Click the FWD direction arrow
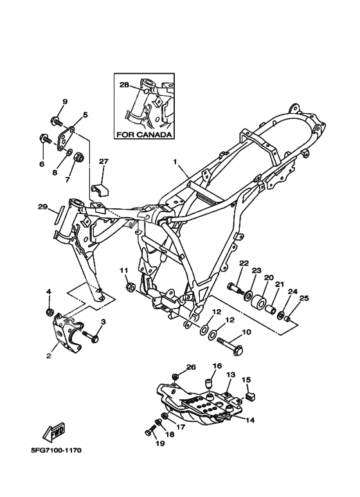coord(54,432)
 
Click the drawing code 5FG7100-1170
coord(56,450)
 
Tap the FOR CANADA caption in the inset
coord(144,134)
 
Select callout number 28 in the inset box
coord(124,85)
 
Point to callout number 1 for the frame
coord(175,161)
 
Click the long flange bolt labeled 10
coord(230,345)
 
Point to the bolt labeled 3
coord(91,336)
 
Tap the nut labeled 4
coord(49,312)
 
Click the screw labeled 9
coord(57,121)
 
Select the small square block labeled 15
coord(251,395)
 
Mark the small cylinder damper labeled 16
coord(208,383)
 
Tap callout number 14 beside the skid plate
coord(250,420)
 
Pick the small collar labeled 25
coord(288,318)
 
